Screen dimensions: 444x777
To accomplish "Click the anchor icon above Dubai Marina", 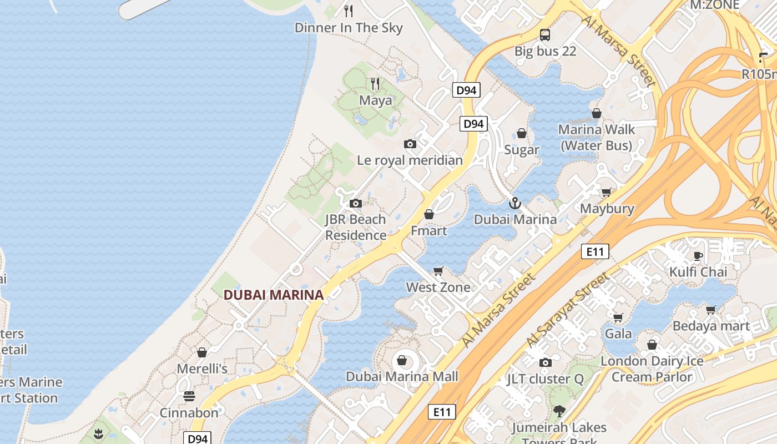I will click(x=515, y=203).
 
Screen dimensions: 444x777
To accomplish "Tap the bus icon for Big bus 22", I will click(x=545, y=35).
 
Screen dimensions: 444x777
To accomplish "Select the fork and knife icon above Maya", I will click(x=376, y=84).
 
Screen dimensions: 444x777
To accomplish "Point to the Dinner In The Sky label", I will click(x=349, y=28).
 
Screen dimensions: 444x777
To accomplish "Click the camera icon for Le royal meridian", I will click(x=410, y=144).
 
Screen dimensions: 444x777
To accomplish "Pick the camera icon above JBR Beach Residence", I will click(x=356, y=203).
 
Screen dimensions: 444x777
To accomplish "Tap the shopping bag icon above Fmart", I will click(x=429, y=214).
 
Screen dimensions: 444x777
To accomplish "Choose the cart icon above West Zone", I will click(x=438, y=271).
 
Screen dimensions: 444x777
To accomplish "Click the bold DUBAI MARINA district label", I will click(x=274, y=295).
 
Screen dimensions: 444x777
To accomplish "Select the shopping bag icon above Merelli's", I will click(x=202, y=352).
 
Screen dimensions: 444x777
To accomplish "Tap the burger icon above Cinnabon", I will click(x=189, y=396).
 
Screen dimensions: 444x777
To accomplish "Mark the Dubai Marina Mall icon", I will click(x=402, y=361).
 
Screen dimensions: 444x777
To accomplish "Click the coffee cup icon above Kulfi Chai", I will click(x=698, y=256).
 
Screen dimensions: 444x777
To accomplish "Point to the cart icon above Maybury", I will click(x=607, y=192).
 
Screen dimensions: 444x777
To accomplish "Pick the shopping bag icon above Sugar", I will click(x=522, y=133).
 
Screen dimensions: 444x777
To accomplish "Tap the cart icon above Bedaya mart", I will click(x=711, y=310).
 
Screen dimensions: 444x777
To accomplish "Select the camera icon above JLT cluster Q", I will click(x=546, y=362).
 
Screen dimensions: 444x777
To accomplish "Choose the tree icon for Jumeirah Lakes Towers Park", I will click(x=559, y=411).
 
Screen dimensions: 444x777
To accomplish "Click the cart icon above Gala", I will click(x=618, y=317).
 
